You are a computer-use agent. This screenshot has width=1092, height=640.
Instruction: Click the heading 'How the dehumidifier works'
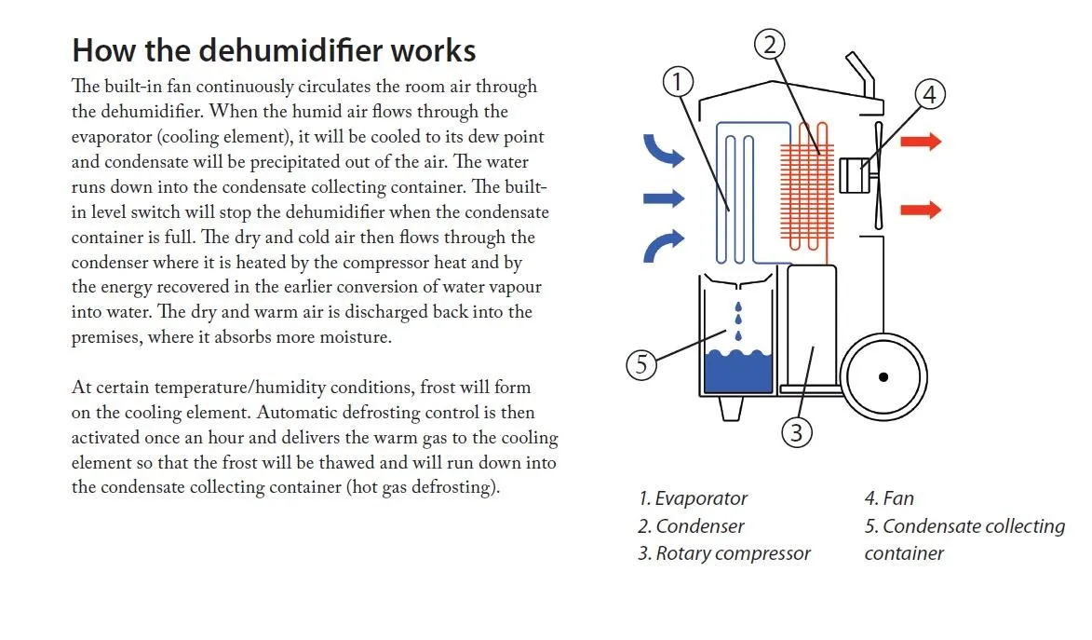[x=274, y=49]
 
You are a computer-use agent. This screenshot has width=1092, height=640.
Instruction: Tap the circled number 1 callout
[x=679, y=81]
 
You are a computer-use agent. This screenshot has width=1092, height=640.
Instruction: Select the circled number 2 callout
[x=770, y=43]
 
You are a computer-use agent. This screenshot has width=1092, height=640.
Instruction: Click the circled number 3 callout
[x=797, y=431]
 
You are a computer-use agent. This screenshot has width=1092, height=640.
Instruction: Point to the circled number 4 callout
[x=929, y=94]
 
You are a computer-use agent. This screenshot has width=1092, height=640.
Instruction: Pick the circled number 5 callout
[x=640, y=364]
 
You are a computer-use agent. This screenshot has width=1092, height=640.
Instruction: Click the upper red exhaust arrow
[x=922, y=142]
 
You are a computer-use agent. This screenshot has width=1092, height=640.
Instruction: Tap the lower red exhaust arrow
[x=922, y=210]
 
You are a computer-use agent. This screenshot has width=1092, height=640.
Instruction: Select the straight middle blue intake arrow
[x=664, y=197]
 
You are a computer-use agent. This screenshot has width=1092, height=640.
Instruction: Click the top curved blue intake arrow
[x=663, y=152]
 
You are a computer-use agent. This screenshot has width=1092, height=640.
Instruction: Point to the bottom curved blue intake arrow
[x=663, y=246]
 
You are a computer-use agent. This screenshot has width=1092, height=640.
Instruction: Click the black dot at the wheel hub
[x=883, y=376]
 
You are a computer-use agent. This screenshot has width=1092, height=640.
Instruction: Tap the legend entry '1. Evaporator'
[x=693, y=498]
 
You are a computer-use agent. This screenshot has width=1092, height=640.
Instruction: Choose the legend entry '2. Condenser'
[x=691, y=526]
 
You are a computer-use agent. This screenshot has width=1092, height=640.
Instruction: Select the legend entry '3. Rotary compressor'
[x=724, y=553]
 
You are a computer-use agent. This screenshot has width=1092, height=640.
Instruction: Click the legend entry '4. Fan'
[x=889, y=498]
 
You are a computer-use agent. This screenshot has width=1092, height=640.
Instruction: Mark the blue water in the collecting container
[x=739, y=373]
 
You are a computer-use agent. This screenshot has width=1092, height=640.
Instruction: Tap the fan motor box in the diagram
[x=852, y=175]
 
